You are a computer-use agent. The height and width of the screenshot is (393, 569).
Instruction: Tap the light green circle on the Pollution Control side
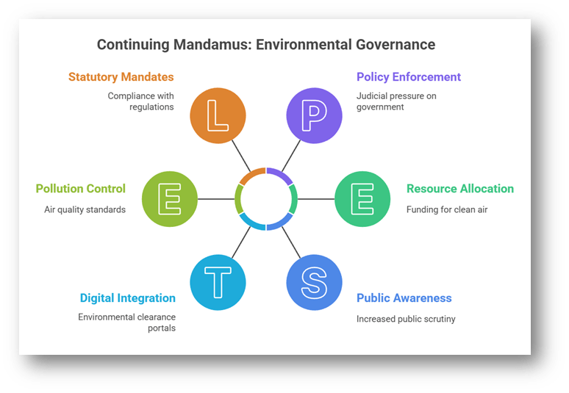tap(169, 199)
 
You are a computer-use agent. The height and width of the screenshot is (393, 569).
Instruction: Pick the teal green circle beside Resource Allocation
tap(362, 199)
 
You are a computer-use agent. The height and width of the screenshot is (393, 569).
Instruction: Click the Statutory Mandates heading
tap(121, 77)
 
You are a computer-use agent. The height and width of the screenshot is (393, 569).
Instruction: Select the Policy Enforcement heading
tap(409, 77)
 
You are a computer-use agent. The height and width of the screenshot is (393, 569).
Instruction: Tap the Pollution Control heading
tap(81, 189)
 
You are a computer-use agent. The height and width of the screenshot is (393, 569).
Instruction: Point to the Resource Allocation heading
tap(460, 189)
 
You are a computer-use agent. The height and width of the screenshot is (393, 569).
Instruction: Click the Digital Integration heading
tap(128, 298)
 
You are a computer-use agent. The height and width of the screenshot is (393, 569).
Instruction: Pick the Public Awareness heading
tap(404, 298)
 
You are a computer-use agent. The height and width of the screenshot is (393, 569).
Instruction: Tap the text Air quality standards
tap(85, 209)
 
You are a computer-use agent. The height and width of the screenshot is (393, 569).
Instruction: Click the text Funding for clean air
tap(446, 209)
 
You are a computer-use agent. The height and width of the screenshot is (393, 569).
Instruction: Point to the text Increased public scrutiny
tap(405, 319)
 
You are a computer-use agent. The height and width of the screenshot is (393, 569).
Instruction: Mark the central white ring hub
tap(266, 199)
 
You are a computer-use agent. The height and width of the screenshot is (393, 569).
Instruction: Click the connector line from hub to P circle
tap(290, 156)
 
